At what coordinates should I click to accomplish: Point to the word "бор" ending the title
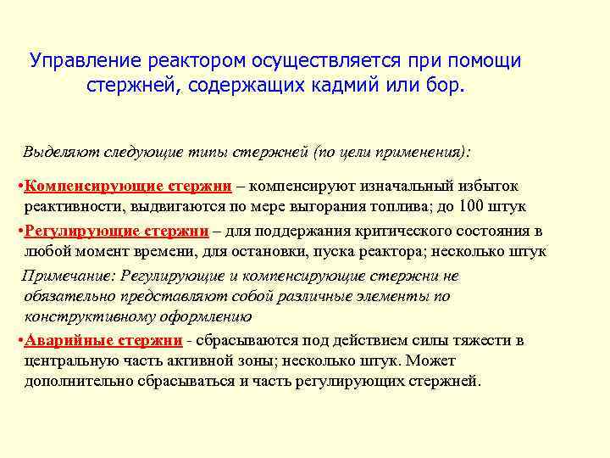447,87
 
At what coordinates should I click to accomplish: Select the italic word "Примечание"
67,276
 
